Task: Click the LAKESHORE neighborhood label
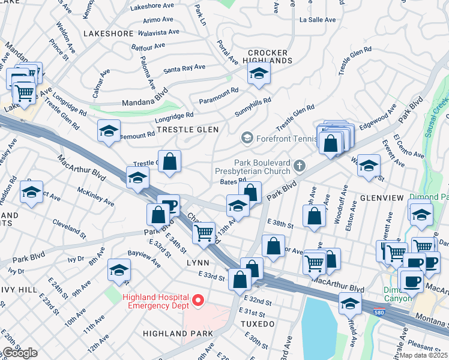point(109,34)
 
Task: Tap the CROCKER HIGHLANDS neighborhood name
point(268,56)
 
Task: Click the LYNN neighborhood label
point(197,263)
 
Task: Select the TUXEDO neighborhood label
point(258,324)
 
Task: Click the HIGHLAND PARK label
point(178,333)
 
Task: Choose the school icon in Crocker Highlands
point(259,73)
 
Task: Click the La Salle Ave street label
point(317,20)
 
